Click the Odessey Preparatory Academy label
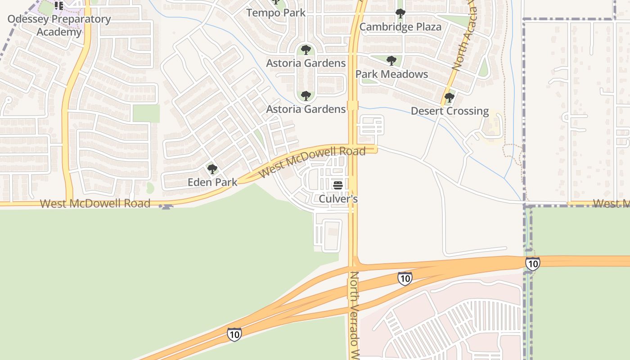click(x=59, y=26)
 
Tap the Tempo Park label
click(x=276, y=13)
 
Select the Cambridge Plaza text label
click(x=400, y=27)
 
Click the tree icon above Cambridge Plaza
click(x=400, y=14)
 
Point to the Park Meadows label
click(x=391, y=74)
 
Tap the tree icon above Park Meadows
click(x=391, y=61)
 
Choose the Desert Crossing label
click(x=450, y=111)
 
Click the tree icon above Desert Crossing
click(x=449, y=98)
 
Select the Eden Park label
click(x=212, y=182)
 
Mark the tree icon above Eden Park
click(x=212, y=169)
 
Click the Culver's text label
click(x=338, y=198)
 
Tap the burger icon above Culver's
click(x=338, y=185)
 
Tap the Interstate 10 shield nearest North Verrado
click(x=405, y=279)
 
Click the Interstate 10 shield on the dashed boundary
click(x=532, y=264)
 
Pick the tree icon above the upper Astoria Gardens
click(x=306, y=49)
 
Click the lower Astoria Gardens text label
click(x=306, y=109)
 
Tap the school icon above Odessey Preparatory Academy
click(x=58, y=6)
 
